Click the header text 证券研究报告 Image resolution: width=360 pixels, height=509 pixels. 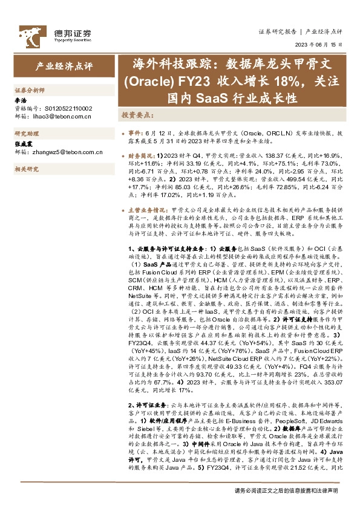[x=277, y=31]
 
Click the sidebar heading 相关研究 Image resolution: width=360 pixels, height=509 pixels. [x=26, y=170]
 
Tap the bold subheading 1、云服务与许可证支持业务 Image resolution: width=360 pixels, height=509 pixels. [x=166, y=249]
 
